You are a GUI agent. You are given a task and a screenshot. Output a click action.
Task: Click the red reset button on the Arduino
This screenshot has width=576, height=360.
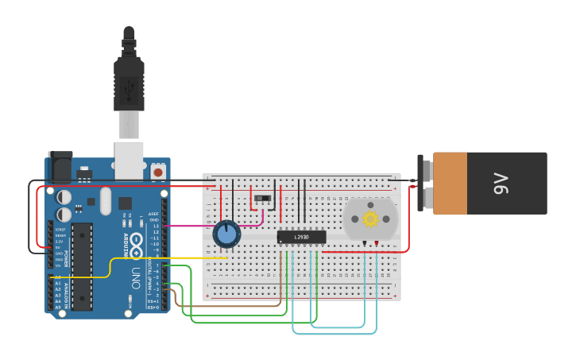[158, 171]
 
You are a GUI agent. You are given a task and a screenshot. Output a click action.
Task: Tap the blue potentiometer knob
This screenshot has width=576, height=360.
[226, 234]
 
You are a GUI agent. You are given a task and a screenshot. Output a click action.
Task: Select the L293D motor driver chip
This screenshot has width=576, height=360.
[302, 237]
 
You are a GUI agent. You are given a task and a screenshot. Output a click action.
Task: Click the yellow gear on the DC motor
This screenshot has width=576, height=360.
[370, 219]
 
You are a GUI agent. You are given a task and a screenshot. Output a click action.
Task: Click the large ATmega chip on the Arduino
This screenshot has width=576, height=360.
[82, 265]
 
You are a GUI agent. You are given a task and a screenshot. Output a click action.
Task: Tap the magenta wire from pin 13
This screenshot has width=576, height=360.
[191, 226]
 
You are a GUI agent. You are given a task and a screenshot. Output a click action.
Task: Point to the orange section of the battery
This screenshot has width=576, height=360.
[450, 184]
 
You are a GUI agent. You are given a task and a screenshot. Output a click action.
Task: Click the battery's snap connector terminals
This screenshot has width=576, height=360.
[426, 183]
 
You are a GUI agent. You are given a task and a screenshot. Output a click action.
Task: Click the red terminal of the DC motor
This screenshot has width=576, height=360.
[376, 242]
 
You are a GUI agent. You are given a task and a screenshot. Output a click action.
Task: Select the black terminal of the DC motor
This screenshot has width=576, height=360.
[365, 242]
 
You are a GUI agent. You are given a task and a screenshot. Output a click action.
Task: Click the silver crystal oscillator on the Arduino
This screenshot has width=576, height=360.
[106, 201]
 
